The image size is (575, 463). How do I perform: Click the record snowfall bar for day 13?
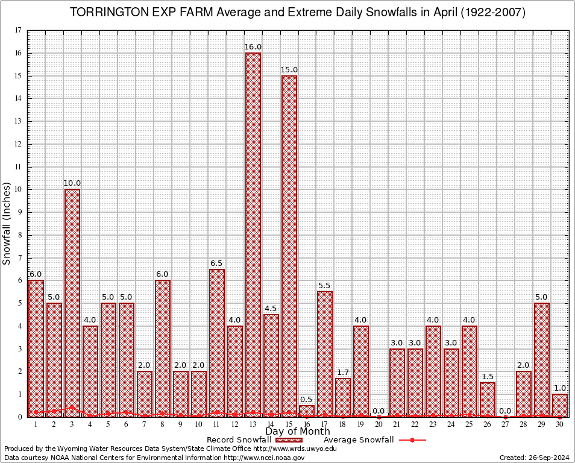[253, 235]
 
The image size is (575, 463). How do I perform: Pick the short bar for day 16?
[307, 411]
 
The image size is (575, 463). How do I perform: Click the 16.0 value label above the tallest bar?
[253, 47]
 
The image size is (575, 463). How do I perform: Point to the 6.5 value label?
[217, 263]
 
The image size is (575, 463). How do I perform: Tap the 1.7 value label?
[343, 373]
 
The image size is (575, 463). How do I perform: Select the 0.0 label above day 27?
[505, 411]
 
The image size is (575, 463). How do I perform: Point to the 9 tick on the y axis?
[20, 212]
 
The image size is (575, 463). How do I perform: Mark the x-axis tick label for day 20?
[379, 424]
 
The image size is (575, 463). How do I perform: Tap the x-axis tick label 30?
[560, 424]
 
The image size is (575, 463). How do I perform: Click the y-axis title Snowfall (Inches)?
[7, 223]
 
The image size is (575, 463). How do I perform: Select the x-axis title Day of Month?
[297, 432]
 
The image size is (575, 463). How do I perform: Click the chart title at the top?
[298, 13]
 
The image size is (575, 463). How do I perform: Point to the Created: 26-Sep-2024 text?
[534, 458]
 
